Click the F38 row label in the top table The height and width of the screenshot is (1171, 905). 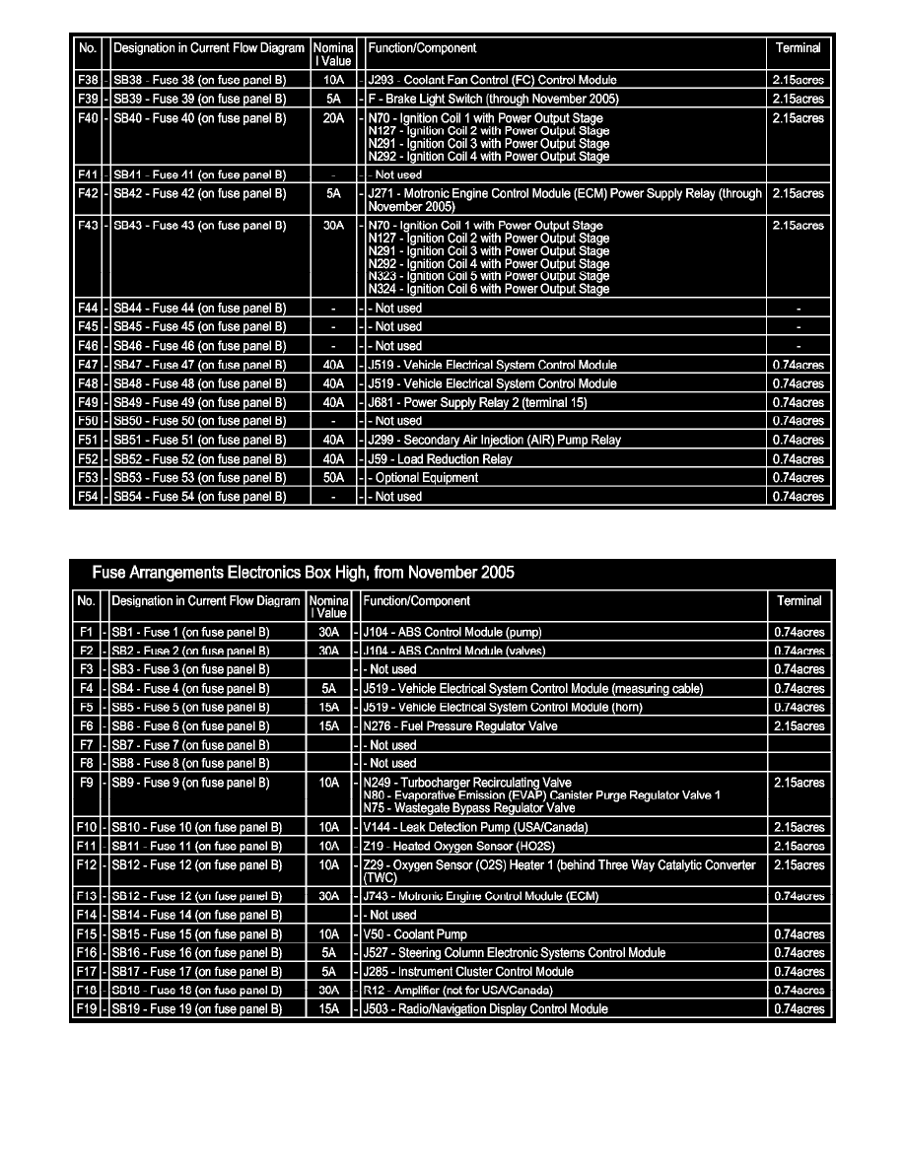tap(88, 80)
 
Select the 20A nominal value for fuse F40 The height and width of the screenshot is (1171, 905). tap(333, 118)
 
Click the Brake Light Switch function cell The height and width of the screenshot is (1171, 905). tap(492, 99)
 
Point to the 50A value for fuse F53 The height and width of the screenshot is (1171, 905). tap(333, 478)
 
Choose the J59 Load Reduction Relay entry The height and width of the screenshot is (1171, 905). tap(439, 459)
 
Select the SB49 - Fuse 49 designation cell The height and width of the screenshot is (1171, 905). tap(199, 403)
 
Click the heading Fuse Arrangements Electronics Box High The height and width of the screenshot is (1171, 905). tap(303, 573)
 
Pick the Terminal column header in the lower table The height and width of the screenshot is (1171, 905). tap(799, 600)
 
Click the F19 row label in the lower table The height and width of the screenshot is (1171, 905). tap(86, 1009)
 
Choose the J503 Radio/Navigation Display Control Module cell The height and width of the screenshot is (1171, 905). tap(485, 1009)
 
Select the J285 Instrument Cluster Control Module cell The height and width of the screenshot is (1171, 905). tap(468, 972)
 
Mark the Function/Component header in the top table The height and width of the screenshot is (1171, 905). tap(422, 47)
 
